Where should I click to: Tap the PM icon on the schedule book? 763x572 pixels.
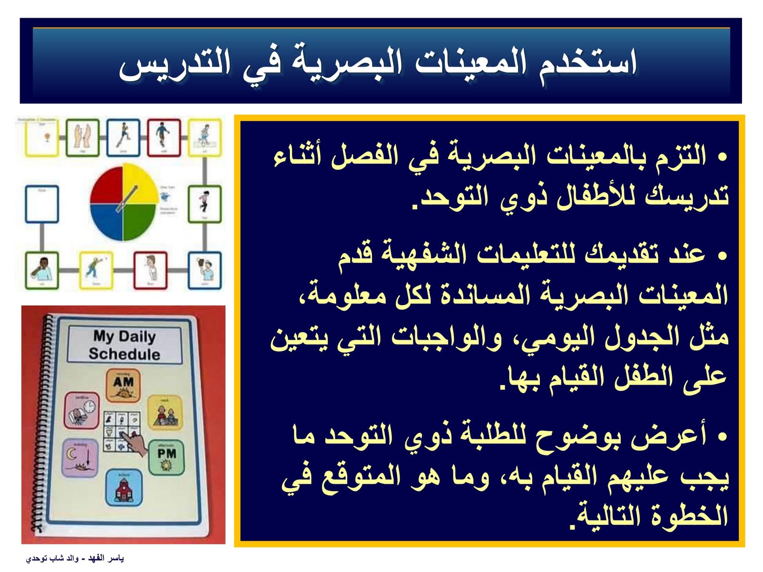[x=166, y=457]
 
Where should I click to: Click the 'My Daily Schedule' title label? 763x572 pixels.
[x=124, y=345]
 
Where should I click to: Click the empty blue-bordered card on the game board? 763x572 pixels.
[x=42, y=204]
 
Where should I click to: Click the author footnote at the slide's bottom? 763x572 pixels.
[x=75, y=558]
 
